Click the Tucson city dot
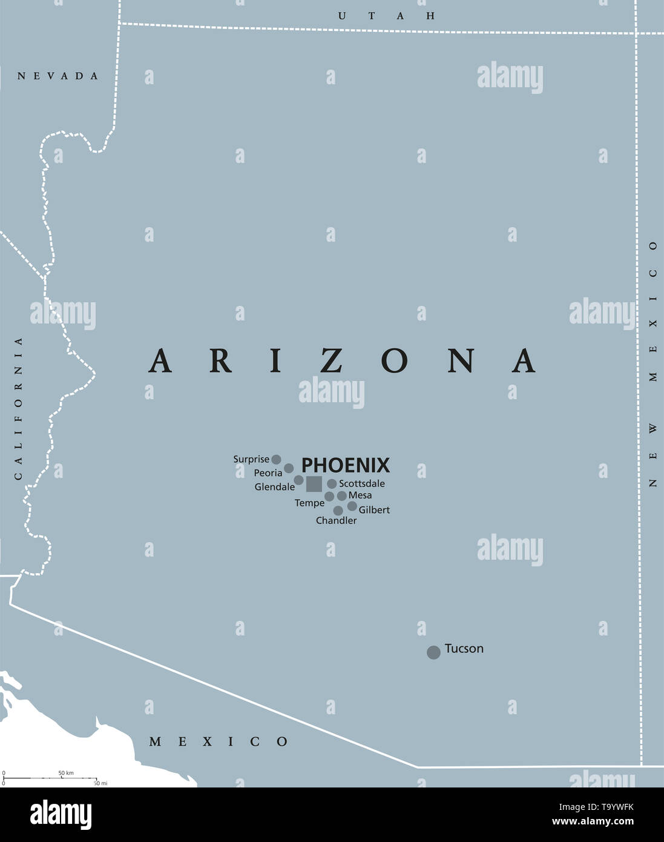[x=433, y=652]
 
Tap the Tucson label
[x=464, y=649]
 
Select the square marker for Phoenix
[x=314, y=484]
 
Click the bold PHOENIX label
[x=346, y=465]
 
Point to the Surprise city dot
[x=276, y=459]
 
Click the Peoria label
[x=268, y=473]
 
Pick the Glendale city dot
[x=298, y=480]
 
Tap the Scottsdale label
[x=362, y=484]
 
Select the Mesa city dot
[x=342, y=496]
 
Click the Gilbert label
[x=374, y=510]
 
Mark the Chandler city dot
[x=338, y=511]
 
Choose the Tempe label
[x=309, y=503]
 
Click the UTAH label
[x=386, y=16]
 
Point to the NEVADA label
[x=58, y=76]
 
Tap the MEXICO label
[x=219, y=741]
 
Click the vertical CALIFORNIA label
[x=18, y=408]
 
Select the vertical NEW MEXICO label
[x=652, y=364]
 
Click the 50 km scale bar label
[x=66, y=773]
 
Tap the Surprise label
[x=251, y=459]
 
